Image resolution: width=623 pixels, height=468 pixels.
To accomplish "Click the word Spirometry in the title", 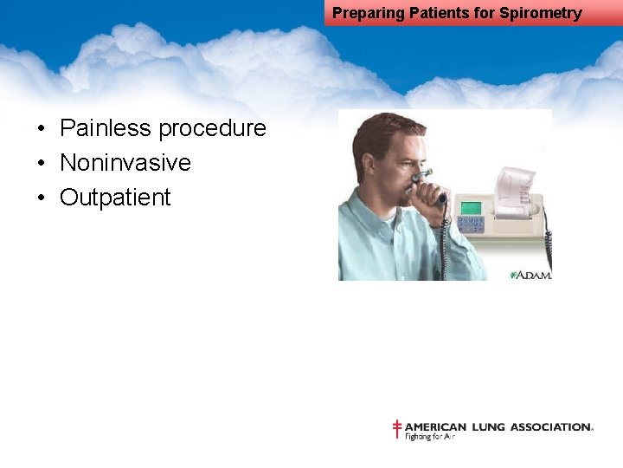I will [x=540, y=13].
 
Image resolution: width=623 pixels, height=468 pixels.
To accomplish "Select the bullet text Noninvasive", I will [x=125, y=163].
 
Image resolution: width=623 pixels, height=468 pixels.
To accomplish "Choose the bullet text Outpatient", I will [x=115, y=198].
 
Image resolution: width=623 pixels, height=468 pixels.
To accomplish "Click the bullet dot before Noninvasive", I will [x=41, y=164].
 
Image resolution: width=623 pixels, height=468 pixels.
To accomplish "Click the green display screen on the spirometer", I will [x=470, y=207].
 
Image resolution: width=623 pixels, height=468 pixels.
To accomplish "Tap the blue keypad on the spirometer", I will [x=471, y=225].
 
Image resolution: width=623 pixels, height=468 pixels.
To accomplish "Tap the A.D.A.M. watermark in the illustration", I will [x=530, y=275].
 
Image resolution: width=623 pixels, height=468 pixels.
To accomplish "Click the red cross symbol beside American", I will [x=397, y=429].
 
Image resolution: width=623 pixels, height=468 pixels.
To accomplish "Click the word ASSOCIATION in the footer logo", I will [x=550, y=427].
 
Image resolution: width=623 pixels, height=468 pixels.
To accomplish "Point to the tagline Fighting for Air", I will [x=430, y=437].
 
